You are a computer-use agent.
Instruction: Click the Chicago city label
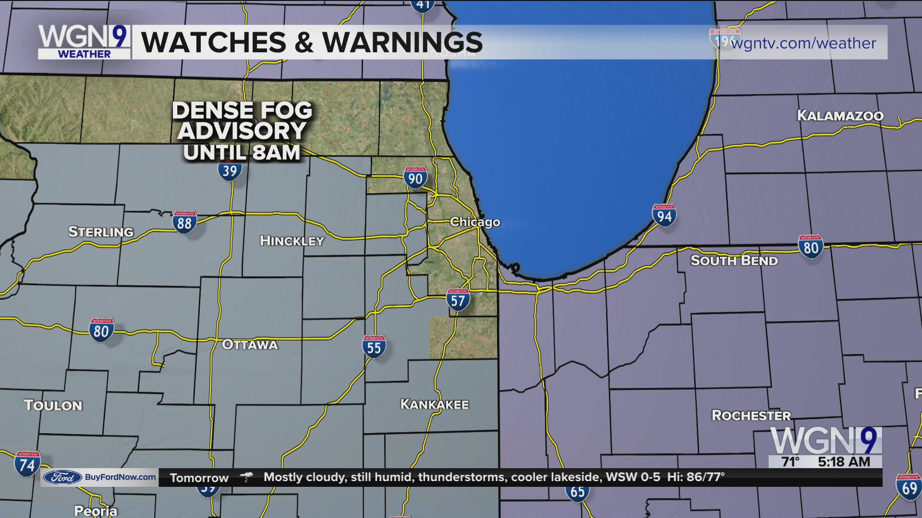pos(475,222)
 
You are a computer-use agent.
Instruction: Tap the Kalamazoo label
pos(840,116)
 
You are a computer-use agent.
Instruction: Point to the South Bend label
pos(734,260)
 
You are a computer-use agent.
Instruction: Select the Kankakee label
pos(435,404)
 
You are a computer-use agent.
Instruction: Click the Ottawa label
pos(250,344)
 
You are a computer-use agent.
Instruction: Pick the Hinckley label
pos(292,241)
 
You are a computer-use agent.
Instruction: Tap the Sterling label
pos(101,232)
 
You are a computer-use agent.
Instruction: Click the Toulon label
pos(53,405)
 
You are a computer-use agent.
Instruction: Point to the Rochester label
pos(751,415)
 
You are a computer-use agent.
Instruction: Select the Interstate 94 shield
pos(664,216)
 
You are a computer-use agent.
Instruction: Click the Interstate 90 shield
pos(415,178)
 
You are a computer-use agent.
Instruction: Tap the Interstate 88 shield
pos(184,223)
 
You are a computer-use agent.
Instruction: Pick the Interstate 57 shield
pos(458,300)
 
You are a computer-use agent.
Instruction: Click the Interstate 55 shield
pos(374,347)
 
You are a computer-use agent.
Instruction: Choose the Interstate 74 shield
pos(27,464)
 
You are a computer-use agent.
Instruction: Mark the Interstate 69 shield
pos(909,487)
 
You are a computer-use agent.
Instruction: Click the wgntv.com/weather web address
pos(803,43)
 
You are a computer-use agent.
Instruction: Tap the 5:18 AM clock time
pos(844,461)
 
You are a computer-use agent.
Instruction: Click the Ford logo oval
pos(62,477)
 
